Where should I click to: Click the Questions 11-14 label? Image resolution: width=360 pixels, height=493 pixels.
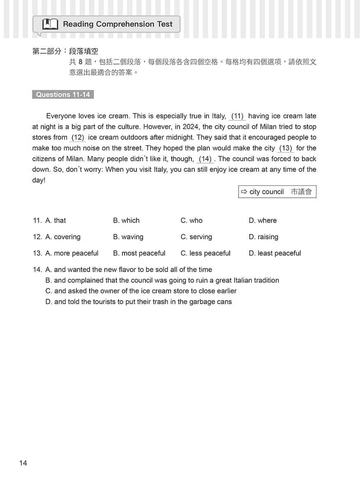(x=63, y=94)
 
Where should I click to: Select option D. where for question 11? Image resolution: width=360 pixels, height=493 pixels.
(x=263, y=221)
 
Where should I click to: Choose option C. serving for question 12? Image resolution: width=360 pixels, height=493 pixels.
(x=196, y=237)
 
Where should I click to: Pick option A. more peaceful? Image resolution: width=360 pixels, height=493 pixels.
(x=72, y=253)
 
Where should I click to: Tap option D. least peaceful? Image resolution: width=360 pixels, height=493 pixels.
(x=275, y=253)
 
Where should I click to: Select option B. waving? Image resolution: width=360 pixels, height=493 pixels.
(x=128, y=237)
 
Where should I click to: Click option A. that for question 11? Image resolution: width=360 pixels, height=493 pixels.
(x=55, y=221)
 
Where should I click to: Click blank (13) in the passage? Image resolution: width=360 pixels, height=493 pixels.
(x=285, y=148)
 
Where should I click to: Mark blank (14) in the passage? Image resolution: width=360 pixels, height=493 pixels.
(x=205, y=159)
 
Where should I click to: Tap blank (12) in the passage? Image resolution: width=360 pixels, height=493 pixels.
(x=78, y=138)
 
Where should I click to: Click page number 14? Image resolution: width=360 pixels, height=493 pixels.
(x=23, y=463)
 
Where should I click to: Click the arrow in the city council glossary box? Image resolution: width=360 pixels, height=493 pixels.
(x=244, y=192)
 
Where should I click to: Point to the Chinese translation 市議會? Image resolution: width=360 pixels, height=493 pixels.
(x=301, y=192)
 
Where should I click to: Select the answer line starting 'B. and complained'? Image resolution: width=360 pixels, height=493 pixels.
(x=162, y=281)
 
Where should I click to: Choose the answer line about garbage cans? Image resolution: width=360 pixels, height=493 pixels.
(x=138, y=302)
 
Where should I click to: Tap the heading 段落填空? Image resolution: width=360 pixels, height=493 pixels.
(x=84, y=52)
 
